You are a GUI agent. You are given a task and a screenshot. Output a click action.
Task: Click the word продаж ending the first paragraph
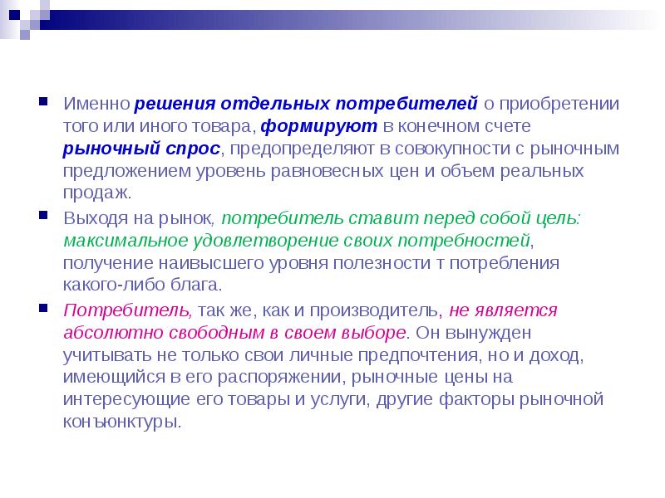94,192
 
